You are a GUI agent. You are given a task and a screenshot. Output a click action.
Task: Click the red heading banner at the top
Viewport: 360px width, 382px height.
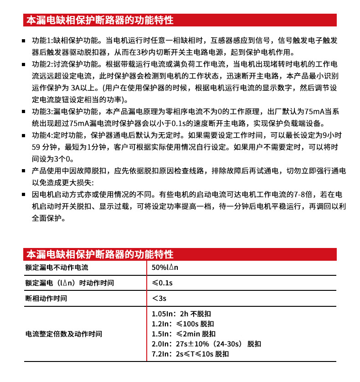pos(180,21)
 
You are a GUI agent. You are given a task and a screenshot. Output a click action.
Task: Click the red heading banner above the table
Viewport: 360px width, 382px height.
pos(180,254)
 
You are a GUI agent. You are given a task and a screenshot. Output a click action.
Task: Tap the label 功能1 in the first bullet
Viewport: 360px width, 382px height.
pos(41,41)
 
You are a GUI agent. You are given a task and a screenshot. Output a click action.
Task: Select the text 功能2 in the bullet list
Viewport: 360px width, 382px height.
pos(42,64)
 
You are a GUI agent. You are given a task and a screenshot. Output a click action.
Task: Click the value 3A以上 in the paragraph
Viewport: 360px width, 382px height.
pos(79,88)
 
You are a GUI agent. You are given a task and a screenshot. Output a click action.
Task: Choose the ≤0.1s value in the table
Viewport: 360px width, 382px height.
pos(162,283)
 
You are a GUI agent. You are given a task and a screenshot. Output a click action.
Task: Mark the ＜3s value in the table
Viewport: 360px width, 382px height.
pos(160,299)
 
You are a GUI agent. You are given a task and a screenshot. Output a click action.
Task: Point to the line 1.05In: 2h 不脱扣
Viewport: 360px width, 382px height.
pos(181,314)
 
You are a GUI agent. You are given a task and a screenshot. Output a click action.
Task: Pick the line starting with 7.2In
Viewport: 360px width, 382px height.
pos(190,354)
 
